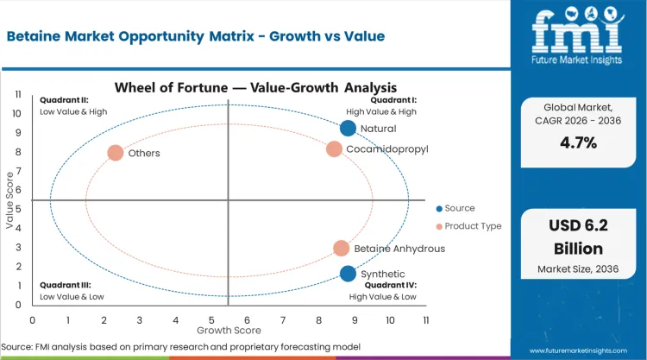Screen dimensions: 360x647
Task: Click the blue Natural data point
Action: point(348,128)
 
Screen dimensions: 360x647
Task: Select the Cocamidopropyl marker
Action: point(334,149)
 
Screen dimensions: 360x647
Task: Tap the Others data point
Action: point(116,153)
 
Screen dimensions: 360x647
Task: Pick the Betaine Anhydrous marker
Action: point(342,249)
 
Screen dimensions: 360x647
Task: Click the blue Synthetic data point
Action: point(348,274)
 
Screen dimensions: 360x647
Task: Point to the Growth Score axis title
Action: point(229,330)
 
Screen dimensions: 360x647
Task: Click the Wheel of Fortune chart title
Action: point(255,87)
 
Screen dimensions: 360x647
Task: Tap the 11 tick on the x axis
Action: point(426,319)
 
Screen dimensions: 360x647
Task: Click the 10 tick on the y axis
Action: point(17,113)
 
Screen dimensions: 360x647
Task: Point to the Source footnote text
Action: point(183,346)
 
